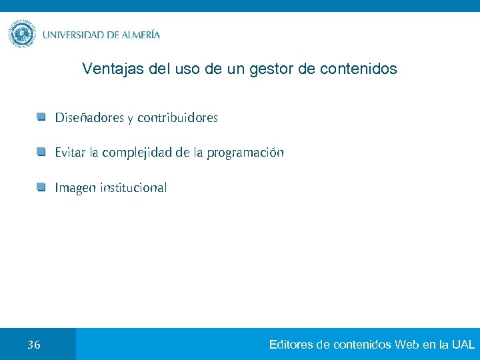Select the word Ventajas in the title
point(107,69)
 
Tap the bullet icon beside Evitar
point(41,153)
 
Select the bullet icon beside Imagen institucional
point(41,187)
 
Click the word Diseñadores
point(89,118)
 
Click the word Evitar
point(69,153)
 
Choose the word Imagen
point(75,188)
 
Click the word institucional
point(133,187)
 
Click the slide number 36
point(34,345)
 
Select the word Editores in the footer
point(291,345)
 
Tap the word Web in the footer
point(406,345)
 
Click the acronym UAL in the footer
point(463,345)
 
